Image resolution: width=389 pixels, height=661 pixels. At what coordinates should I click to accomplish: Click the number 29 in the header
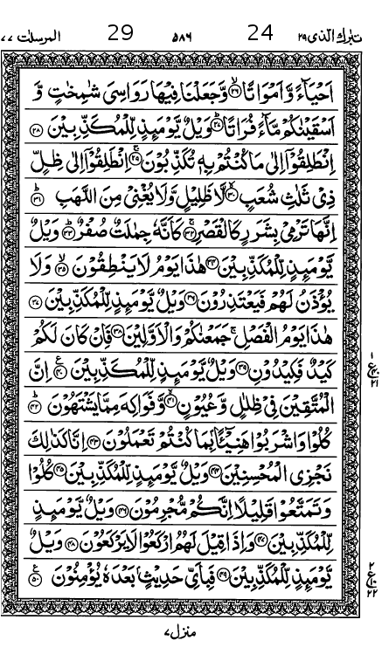tap(121, 33)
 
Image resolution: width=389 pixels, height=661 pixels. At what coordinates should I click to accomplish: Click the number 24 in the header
tap(260, 33)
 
